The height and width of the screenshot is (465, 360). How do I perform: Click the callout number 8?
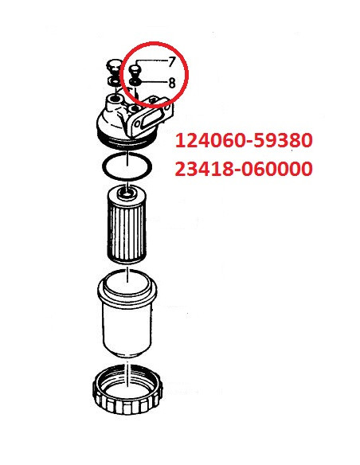coord(170,82)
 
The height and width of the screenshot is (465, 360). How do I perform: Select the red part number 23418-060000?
coord(244,170)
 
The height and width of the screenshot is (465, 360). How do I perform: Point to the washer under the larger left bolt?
coord(114,80)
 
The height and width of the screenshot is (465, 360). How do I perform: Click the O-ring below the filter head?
coord(127,165)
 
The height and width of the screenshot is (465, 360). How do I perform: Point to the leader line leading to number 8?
coord(154,81)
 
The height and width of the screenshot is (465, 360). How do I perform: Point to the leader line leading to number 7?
coord(151,62)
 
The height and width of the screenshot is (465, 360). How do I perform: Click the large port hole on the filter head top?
coord(117,100)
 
